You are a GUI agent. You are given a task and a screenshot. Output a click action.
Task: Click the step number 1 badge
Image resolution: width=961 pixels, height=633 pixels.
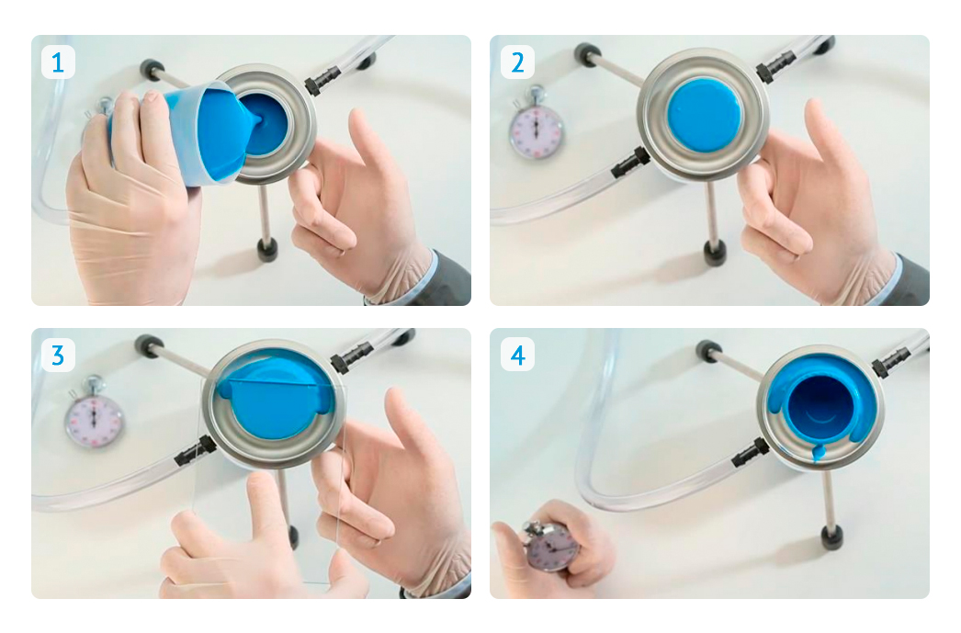click(58, 62)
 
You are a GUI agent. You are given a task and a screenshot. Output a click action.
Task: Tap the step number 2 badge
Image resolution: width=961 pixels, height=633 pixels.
click(517, 62)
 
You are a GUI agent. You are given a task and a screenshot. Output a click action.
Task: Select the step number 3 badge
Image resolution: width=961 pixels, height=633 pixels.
click(58, 355)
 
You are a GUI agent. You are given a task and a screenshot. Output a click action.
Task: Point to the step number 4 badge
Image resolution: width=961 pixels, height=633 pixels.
click(517, 355)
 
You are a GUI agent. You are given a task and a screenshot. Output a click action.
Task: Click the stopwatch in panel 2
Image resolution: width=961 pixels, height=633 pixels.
click(537, 125)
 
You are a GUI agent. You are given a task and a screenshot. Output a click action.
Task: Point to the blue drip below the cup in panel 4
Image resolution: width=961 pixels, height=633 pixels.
click(817, 454)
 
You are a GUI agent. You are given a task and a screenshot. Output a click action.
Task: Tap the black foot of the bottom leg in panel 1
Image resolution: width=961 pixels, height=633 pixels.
click(268, 249)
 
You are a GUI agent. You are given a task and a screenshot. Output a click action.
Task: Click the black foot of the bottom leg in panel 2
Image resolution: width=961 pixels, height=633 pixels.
click(715, 252)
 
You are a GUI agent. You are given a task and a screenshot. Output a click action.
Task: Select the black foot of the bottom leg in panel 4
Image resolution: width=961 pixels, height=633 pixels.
click(831, 537)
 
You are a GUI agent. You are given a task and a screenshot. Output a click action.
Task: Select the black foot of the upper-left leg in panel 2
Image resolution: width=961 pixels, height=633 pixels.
click(588, 53)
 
